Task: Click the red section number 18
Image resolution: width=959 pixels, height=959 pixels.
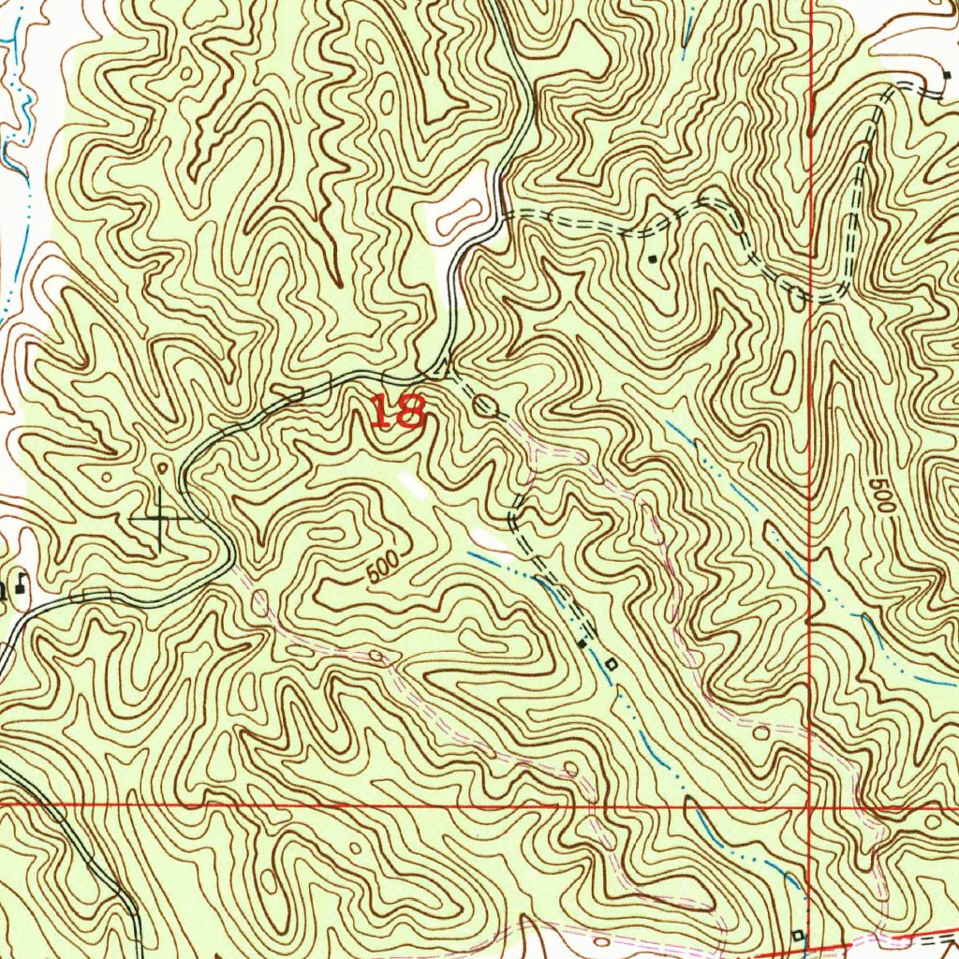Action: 398,411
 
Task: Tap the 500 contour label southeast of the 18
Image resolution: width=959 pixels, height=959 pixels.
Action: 383,567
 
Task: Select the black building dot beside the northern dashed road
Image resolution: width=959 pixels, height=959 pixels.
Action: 653,256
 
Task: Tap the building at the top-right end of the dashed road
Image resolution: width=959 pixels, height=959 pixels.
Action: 945,75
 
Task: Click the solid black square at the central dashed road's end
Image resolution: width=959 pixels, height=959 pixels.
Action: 582,644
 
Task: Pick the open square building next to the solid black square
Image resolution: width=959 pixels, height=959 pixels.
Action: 611,664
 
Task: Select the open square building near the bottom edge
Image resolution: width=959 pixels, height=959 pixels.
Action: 798,935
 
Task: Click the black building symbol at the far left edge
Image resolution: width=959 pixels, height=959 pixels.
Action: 19,587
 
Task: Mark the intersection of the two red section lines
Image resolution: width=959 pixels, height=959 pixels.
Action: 809,804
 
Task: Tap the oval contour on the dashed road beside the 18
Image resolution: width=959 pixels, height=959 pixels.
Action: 485,406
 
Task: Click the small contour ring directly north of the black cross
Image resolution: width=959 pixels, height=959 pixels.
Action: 163,465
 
